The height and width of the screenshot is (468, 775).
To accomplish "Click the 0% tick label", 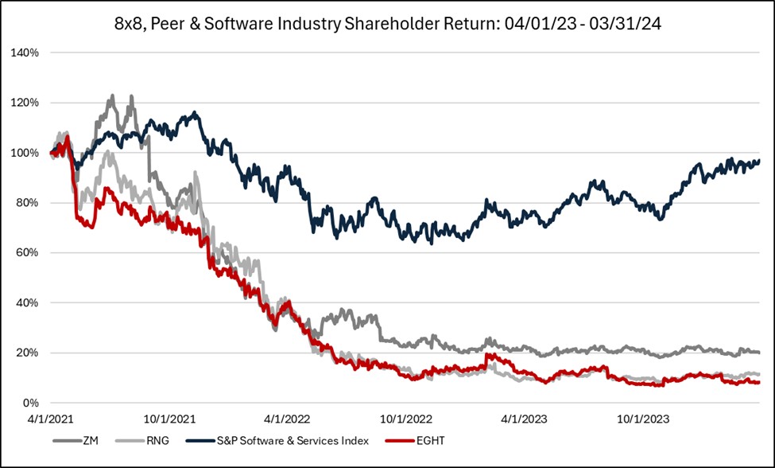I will [32, 404].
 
